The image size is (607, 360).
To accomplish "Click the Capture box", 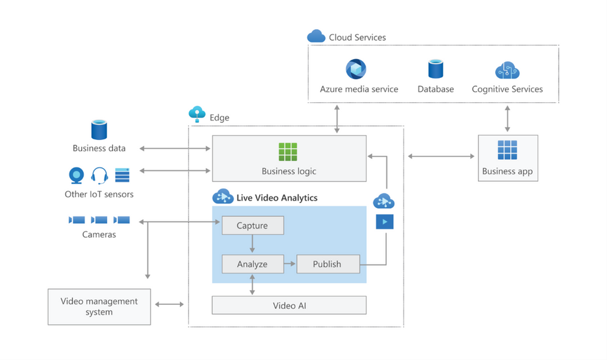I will point(252,226).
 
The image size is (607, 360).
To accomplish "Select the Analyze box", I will point(252,264).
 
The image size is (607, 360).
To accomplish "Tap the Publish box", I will point(328,264).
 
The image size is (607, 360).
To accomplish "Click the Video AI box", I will point(289,305).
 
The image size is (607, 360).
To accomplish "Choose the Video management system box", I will point(99,306).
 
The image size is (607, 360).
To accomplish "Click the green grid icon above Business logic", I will point(288,152).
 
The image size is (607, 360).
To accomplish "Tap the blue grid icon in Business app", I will point(507,150).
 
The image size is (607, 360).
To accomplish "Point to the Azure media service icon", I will point(356,69).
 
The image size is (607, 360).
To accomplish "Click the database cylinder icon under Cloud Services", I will point(435,69).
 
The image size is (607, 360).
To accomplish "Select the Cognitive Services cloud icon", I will point(507,71).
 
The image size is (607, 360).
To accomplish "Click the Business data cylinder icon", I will point(99,130).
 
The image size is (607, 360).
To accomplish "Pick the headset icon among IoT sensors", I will point(99,175).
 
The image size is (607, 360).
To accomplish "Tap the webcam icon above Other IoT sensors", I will point(77,175).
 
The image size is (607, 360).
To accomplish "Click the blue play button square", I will point(384,221).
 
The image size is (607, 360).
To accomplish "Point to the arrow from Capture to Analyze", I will point(252,244).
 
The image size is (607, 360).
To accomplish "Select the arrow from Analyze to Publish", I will point(290,264).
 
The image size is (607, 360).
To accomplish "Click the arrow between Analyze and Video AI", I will point(252,285).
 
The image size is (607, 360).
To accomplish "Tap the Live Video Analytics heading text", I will point(277,198).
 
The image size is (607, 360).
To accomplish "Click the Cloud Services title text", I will point(357,37).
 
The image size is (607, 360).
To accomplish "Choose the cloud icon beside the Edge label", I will point(197,114).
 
